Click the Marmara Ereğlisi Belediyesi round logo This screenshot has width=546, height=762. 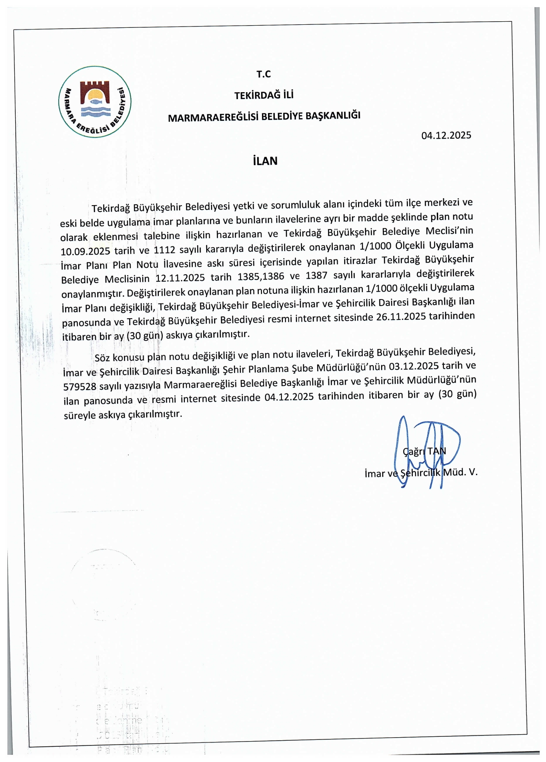click(x=95, y=102)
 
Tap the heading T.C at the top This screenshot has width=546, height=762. click(x=264, y=74)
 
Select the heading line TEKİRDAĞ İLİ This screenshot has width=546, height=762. click(x=264, y=95)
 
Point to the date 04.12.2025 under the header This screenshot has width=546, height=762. click(x=446, y=135)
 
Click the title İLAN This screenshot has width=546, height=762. click(x=265, y=161)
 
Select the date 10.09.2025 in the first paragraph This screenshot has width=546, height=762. click(x=85, y=251)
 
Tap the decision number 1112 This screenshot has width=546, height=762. click(x=164, y=250)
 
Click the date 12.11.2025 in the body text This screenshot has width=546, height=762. click(x=180, y=278)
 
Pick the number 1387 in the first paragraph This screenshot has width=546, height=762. click(x=316, y=276)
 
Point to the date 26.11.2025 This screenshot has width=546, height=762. click(x=401, y=316)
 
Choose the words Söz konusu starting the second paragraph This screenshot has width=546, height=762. click(x=119, y=357)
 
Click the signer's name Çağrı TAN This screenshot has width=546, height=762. click(x=424, y=451)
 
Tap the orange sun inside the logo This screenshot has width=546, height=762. click(x=95, y=96)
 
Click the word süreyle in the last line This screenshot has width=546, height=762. click(x=80, y=415)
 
